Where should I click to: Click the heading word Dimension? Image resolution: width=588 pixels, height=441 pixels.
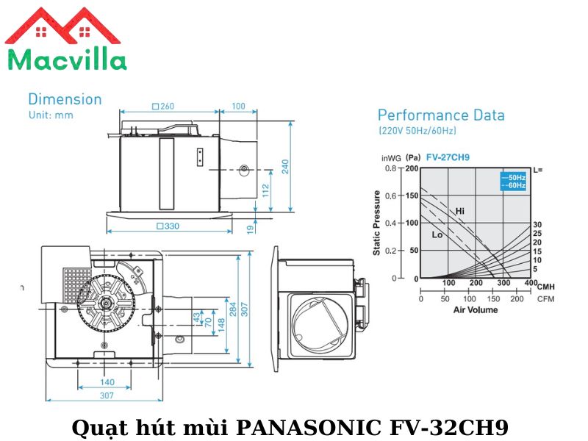(65, 98)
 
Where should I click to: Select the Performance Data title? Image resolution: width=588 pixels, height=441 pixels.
(441, 115)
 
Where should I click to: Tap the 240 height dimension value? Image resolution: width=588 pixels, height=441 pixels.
(285, 166)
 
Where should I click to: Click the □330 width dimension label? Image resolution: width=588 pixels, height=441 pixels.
(168, 226)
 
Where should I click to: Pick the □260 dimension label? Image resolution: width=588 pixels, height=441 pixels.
(163, 107)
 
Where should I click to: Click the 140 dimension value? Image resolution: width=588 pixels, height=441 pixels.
(107, 382)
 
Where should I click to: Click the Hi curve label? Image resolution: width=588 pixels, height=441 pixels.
(460, 211)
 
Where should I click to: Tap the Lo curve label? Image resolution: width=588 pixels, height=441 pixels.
(437, 235)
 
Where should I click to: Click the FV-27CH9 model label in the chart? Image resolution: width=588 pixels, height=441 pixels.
(449, 157)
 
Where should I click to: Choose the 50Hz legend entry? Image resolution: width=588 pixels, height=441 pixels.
(514, 178)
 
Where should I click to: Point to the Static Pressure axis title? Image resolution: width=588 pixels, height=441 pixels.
(377, 223)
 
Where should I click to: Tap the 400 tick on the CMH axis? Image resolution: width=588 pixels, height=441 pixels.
(531, 283)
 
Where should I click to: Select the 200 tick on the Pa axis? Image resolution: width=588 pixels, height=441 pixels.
(412, 168)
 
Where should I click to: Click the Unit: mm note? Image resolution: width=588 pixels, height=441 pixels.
(51, 115)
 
